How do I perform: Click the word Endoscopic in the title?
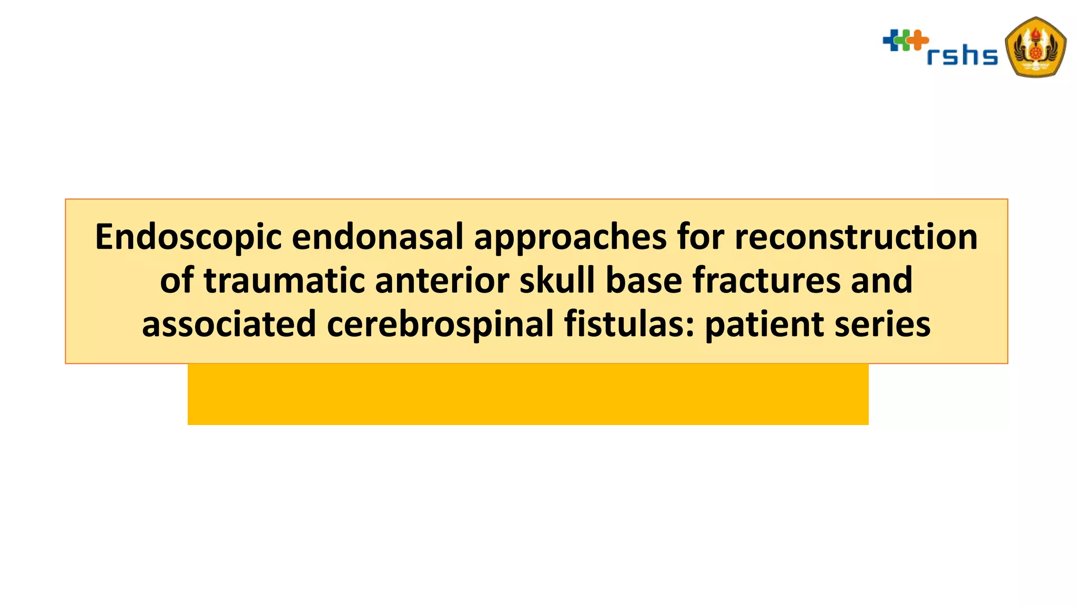[188, 238]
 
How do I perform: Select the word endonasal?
[377, 237]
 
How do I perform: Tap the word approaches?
[570, 238]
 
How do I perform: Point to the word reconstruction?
[856, 237]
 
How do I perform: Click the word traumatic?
[283, 280]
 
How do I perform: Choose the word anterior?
[442, 280]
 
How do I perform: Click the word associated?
[229, 324]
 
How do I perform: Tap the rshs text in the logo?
[962, 55]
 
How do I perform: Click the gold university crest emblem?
[1035, 47]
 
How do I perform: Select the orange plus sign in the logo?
[919, 41]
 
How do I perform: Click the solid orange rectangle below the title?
[527, 394]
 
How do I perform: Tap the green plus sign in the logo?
[905, 41]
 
